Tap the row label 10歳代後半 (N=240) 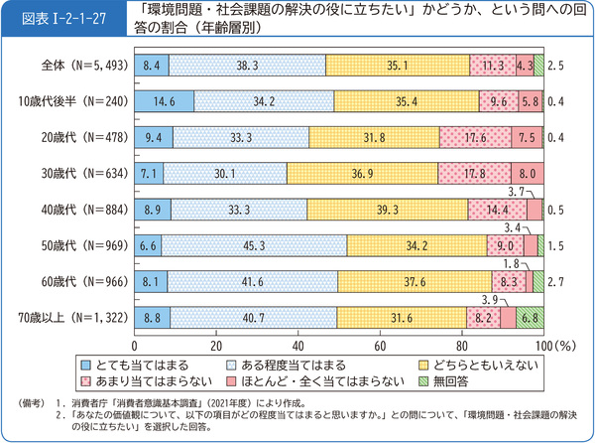pyautogui.click(x=73, y=101)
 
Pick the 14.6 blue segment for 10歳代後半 pyautogui.click(x=164, y=101)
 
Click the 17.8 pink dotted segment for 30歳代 pyautogui.click(x=472, y=173)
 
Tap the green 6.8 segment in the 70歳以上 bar pyautogui.click(x=531, y=318)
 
